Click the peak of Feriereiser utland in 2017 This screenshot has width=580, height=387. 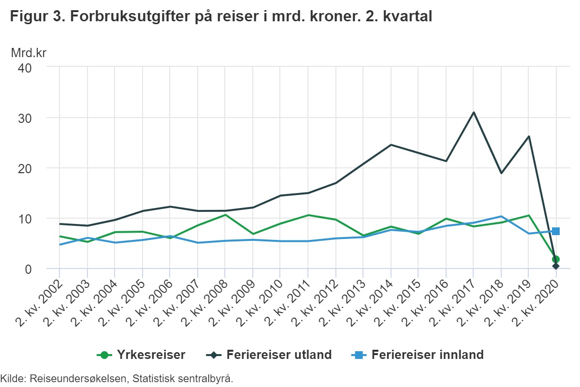(474, 112)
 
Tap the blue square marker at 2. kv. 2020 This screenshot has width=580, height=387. (556, 231)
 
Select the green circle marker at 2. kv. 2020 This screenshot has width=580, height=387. (556, 259)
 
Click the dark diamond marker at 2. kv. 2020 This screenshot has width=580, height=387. (556, 266)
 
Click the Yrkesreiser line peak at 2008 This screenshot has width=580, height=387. (225, 215)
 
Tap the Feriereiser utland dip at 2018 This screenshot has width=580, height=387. (501, 173)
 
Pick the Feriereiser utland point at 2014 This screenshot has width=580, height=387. (391, 145)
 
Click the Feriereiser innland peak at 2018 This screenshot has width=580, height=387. (501, 216)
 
